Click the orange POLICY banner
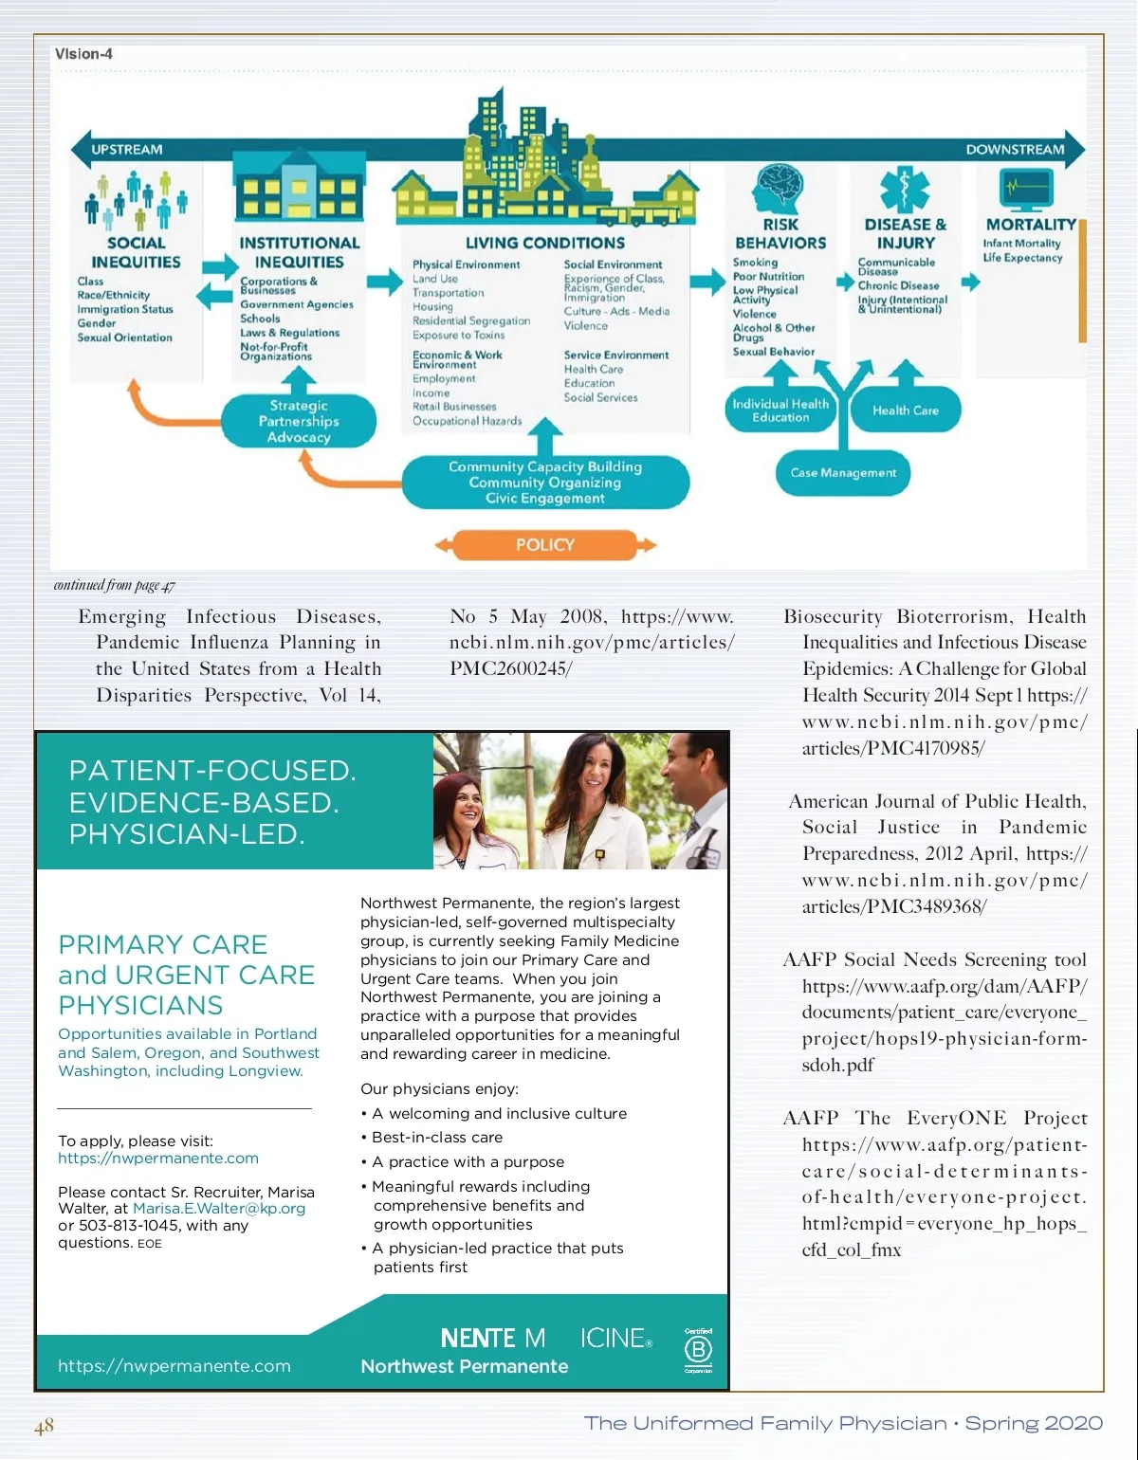click(x=545, y=545)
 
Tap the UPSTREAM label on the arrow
click(x=126, y=150)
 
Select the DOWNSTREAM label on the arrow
click(x=1015, y=150)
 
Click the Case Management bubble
click(x=843, y=472)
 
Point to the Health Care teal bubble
click(x=906, y=411)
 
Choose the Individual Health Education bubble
click(x=780, y=411)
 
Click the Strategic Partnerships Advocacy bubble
click(x=299, y=421)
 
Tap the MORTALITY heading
click(x=1031, y=225)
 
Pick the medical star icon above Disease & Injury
click(x=905, y=189)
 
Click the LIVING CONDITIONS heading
click(x=545, y=244)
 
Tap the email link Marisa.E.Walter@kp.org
click(x=219, y=1209)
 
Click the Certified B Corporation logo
click(x=698, y=1350)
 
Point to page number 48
click(x=45, y=1426)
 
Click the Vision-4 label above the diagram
click(x=83, y=54)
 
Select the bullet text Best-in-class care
click(x=437, y=1138)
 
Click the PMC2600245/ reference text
click(x=510, y=668)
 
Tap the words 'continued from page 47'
click(x=114, y=585)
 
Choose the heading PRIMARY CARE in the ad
click(x=163, y=945)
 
